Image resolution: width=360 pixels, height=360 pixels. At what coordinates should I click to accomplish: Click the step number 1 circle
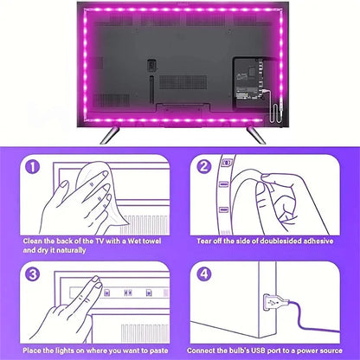(x=33, y=167)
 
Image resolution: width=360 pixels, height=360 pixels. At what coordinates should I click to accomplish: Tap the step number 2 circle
(x=204, y=166)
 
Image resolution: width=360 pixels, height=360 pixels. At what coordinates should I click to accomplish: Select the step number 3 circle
(x=33, y=273)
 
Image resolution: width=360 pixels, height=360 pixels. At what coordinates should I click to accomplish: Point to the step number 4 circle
(x=204, y=273)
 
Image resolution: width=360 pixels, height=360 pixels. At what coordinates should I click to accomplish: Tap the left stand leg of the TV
(x=109, y=134)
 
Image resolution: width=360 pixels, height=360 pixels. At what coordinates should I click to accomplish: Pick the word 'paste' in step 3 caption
(x=158, y=350)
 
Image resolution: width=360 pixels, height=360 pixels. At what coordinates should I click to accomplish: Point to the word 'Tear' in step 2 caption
(x=204, y=241)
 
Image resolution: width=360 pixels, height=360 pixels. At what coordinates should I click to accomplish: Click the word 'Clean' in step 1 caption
(x=33, y=241)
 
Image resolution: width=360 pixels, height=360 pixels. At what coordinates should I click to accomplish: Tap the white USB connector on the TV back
(x=280, y=102)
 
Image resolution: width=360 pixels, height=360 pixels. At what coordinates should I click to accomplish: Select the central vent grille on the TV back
(x=183, y=82)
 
